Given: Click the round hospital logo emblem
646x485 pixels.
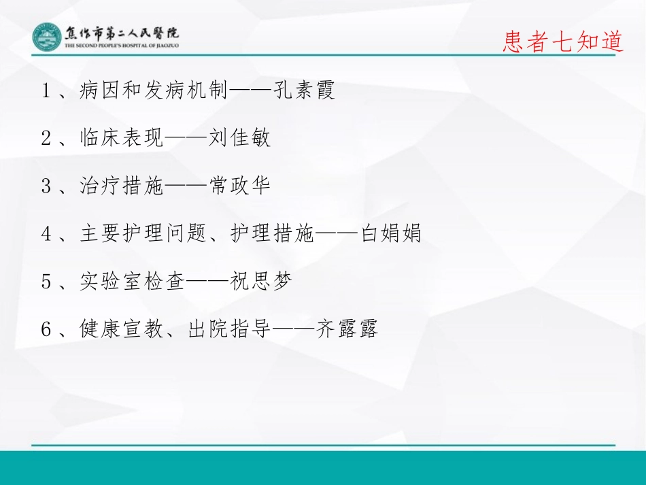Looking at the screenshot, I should [46, 37].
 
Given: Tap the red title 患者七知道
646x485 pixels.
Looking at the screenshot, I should [563, 42].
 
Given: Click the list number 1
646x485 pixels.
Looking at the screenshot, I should [46, 91].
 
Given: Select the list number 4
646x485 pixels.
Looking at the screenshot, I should [46, 234].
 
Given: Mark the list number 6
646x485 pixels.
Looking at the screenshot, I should [46, 330].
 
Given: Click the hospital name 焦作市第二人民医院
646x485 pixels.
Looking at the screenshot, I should [122, 33].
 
